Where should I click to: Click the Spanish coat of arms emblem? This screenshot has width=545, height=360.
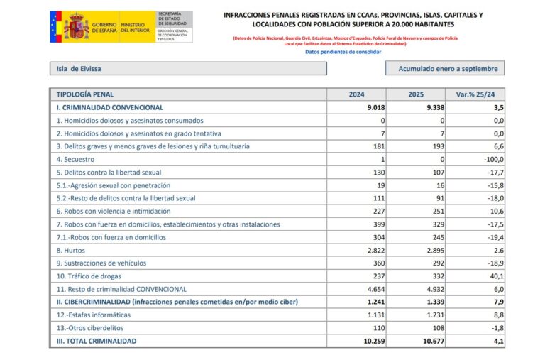76,27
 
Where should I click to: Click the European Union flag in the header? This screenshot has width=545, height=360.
56,27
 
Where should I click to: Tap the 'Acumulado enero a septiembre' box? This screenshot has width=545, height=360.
445,69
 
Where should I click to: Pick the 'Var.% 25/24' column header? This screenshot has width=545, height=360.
475,94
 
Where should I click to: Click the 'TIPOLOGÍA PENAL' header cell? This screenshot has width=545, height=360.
85,94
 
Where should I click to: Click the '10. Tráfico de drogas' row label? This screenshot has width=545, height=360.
89,276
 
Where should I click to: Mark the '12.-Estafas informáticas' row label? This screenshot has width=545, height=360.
94,315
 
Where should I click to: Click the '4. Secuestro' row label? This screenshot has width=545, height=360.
75,159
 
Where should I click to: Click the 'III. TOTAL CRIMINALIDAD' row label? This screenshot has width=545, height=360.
97,342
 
